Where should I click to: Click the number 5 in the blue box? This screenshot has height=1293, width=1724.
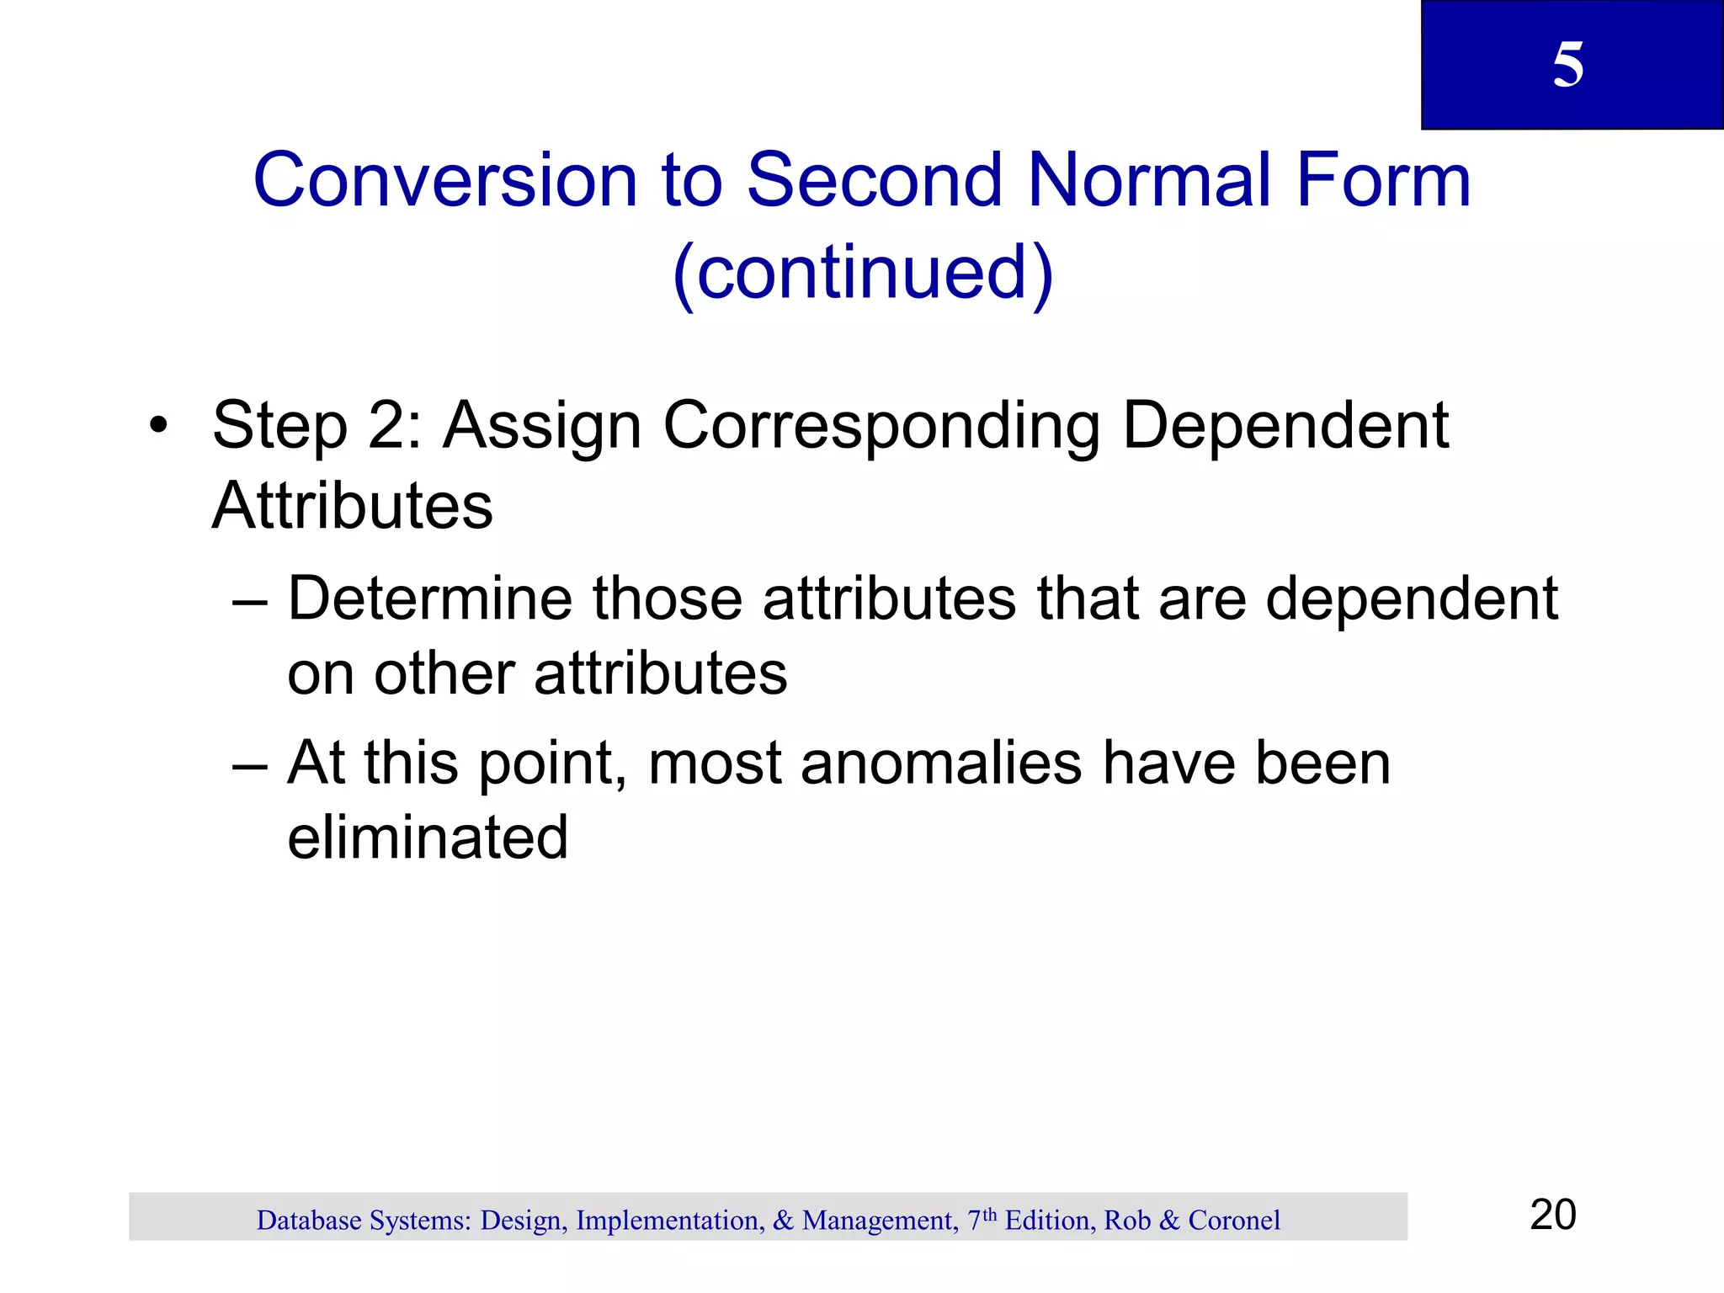pos(1567,65)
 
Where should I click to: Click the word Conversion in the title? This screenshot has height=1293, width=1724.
pos(445,180)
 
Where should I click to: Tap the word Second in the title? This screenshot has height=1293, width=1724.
pos(875,180)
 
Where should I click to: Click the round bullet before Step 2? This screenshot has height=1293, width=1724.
pos(157,425)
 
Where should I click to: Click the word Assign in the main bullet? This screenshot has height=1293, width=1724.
pos(542,427)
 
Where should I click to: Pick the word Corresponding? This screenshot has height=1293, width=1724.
pos(881,427)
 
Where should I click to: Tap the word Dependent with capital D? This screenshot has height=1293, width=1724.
pos(1285,425)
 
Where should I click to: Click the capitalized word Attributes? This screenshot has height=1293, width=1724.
pos(352,506)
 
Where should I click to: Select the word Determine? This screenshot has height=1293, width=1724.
pos(430,599)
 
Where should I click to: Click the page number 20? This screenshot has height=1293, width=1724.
pos(1552,1215)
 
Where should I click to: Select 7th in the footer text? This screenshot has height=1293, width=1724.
pos(981,1219)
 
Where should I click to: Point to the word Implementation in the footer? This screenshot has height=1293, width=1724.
pos(669,1221)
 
